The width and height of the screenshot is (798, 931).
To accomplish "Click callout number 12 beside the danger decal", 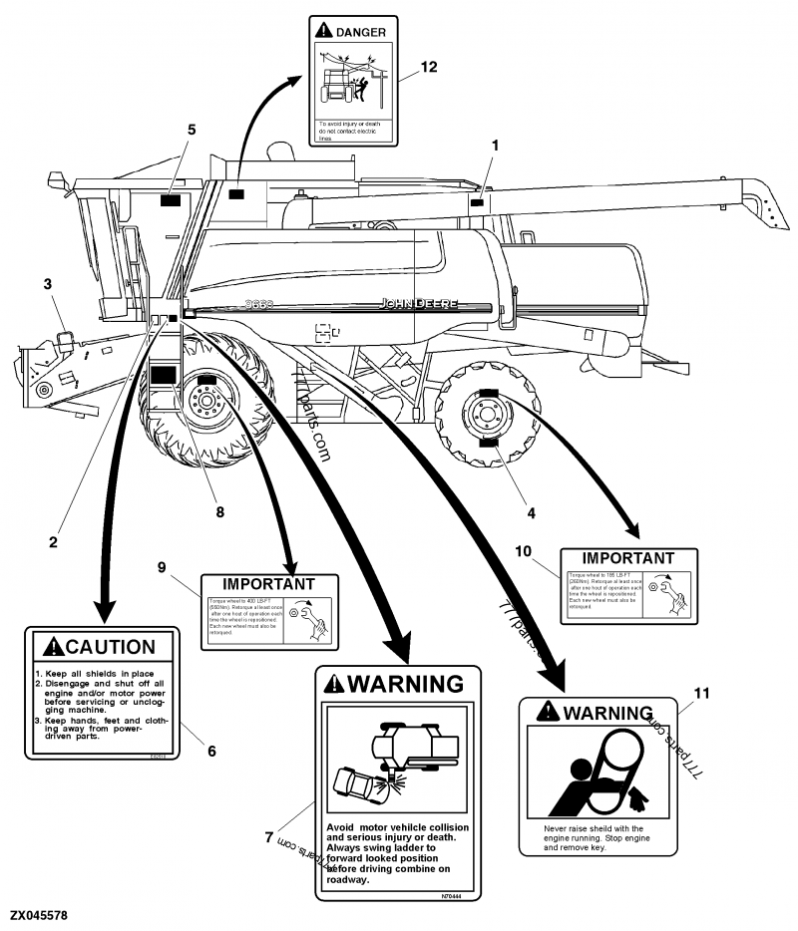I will point(429,67).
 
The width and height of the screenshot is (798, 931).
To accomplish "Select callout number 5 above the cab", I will point(192,130).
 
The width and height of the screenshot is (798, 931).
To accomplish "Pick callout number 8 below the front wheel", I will point(219,512).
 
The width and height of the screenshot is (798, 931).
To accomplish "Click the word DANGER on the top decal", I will point(359,33).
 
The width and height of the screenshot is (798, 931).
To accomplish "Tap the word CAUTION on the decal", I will point(109,648).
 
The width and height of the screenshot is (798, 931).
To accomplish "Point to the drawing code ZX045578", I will point(39,915).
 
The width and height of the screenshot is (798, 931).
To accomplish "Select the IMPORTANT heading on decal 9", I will point(268,584).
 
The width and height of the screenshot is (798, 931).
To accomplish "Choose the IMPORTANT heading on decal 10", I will point(627,558).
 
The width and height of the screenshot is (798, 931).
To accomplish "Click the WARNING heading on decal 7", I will point(404,684).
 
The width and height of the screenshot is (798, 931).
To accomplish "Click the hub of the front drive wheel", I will point(207,402).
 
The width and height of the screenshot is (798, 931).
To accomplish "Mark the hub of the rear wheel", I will point(488,416).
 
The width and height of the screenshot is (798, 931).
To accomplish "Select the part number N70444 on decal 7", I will point(451,896).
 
